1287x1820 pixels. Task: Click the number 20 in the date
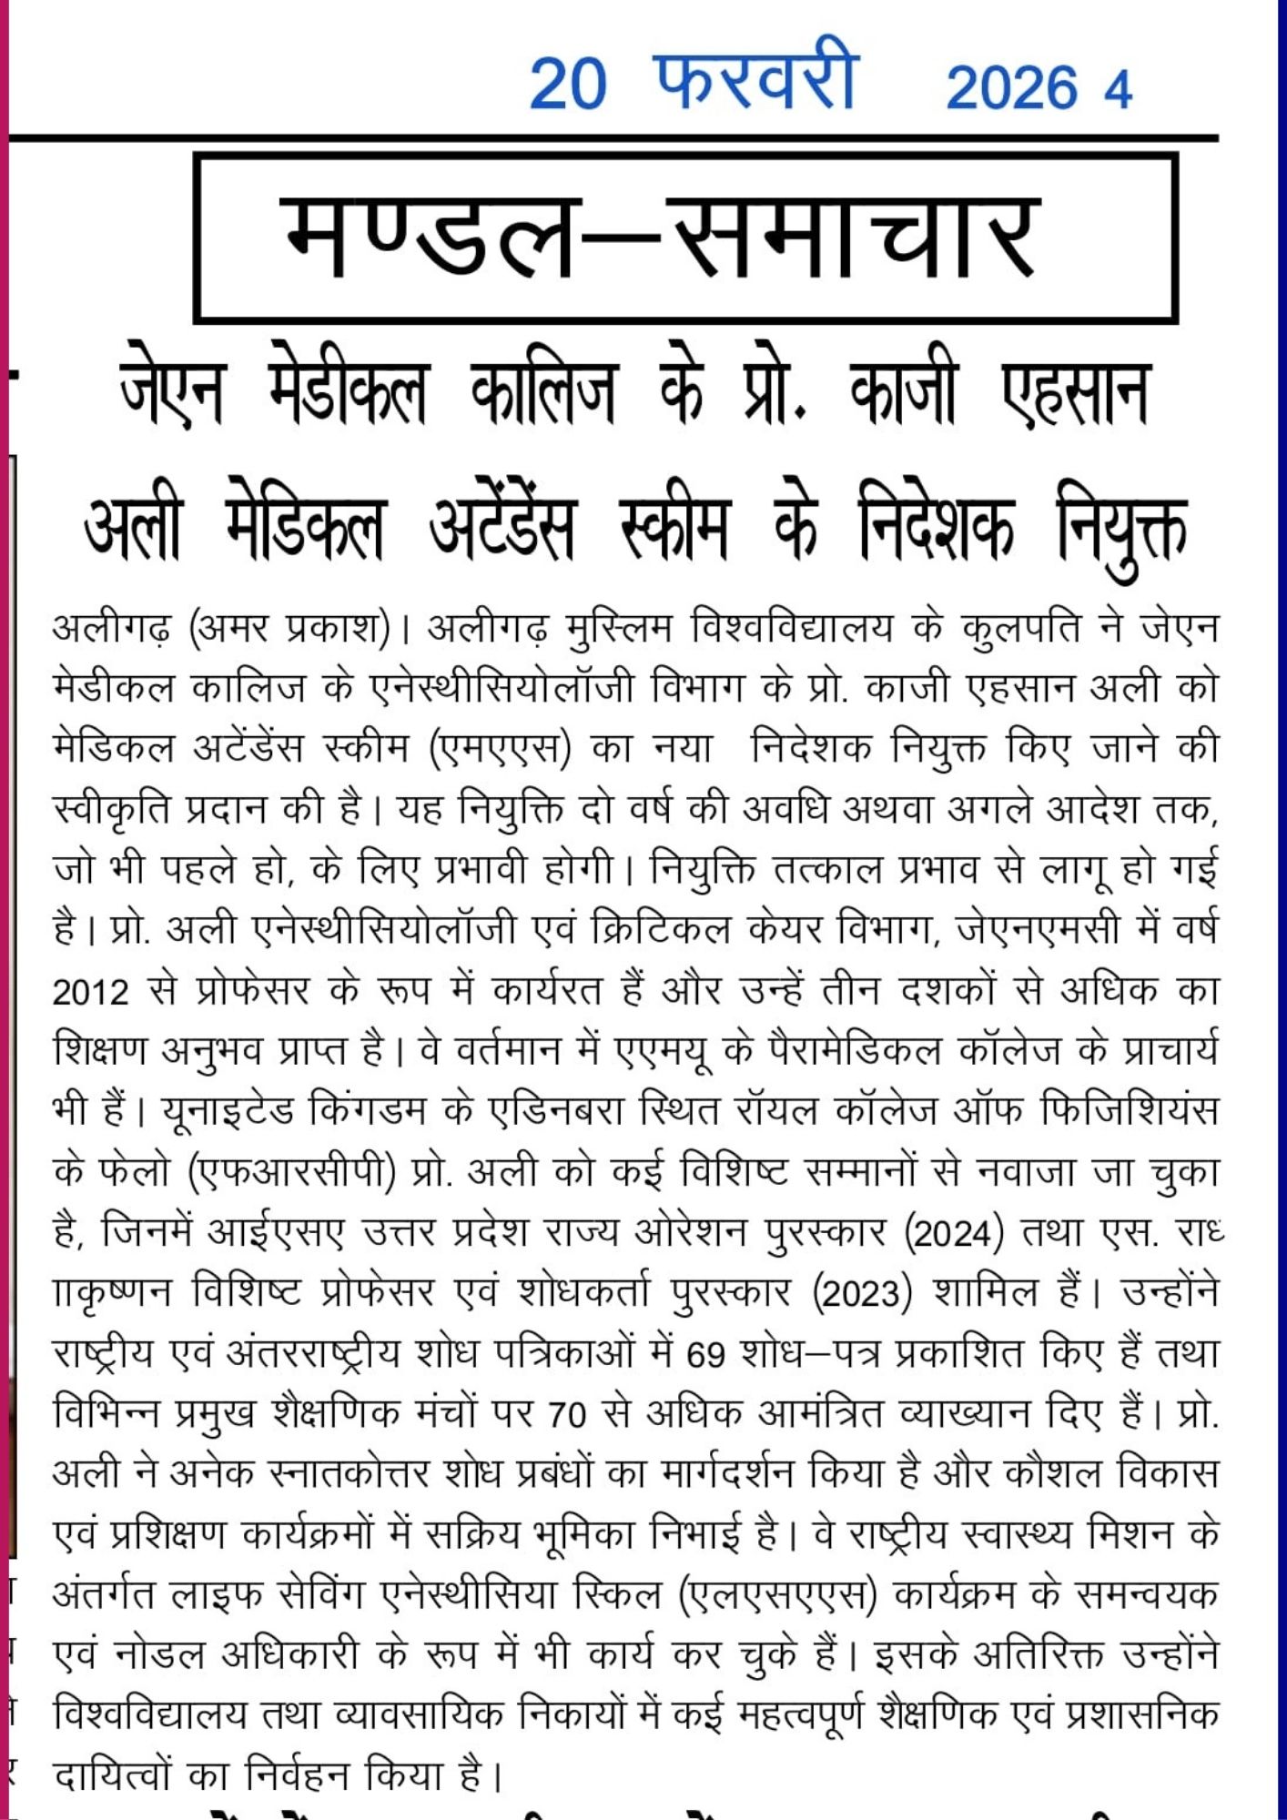pyautogui.click(x=567, y=85)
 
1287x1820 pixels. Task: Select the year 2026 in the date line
pyautogui.click(x=1011, y=88)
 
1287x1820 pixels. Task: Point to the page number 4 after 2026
pyautogui.click(x=1118, y=90)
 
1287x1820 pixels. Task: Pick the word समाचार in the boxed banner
pyautogui.click(x=856, y=237)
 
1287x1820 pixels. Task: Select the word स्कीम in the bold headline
pyautogui.click(x=674, y=528)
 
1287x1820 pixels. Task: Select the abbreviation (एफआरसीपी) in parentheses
pyautogui.click(x=292, y=1172)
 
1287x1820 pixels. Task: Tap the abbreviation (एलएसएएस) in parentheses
pyautogui.click(x=777, y=1595)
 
